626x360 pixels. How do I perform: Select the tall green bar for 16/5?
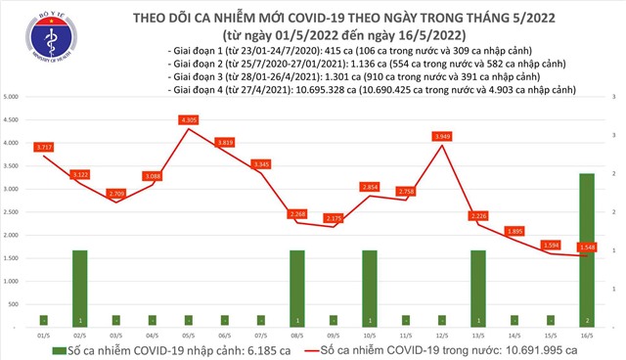(x=584, y=249)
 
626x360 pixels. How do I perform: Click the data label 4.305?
(x=189, y=119)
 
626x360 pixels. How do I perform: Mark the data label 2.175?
(x=333, y=218)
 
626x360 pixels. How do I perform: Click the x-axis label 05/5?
(x=189, y=335)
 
